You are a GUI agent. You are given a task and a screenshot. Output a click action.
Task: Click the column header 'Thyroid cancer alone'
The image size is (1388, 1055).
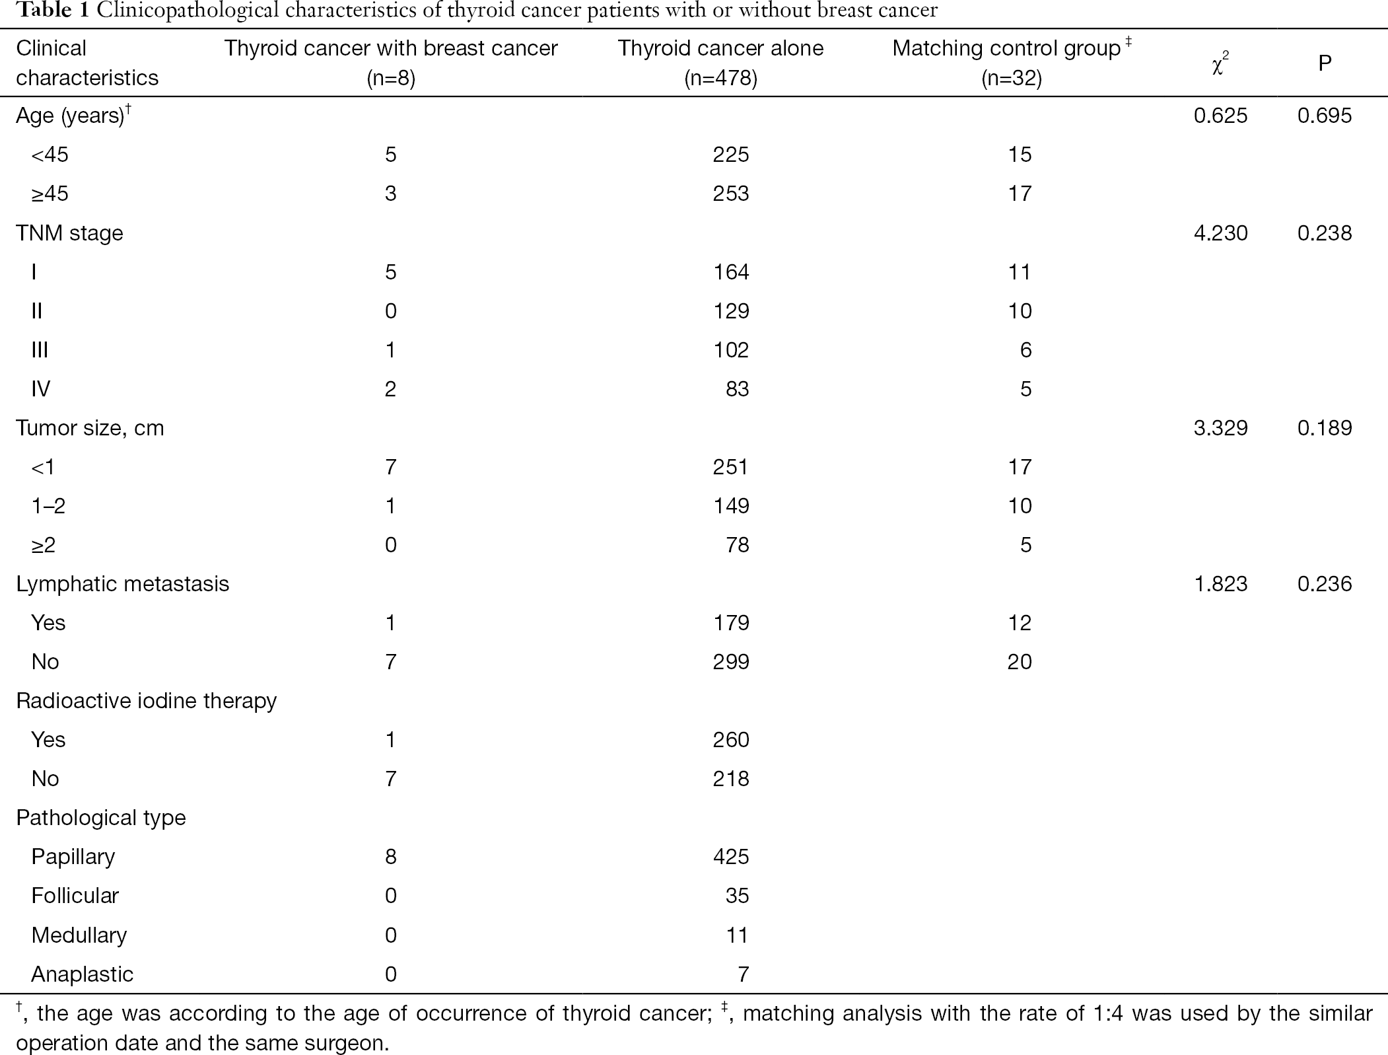point(720,48)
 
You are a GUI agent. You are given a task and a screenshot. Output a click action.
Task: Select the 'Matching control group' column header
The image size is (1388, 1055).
point(1006,48)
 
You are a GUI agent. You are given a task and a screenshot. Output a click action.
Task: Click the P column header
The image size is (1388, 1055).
point(1325,63)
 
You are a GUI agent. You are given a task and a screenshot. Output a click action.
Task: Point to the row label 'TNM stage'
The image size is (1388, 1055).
point(69,233)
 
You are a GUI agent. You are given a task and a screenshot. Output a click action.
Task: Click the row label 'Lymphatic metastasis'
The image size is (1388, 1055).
point(123,584)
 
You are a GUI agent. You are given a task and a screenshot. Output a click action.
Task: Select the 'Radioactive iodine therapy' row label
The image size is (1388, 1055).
point(146,701)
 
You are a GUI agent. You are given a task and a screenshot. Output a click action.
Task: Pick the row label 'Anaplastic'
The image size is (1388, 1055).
point(82,974)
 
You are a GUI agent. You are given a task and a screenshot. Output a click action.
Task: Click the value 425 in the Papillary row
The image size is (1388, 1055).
point(731,857)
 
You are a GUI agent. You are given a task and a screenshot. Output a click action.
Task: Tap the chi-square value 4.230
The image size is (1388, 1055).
point(1221,233)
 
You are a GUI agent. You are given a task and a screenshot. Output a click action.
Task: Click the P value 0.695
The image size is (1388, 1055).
point(1325,116)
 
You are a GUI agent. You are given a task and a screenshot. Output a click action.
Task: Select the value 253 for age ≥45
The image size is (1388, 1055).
point(731,194)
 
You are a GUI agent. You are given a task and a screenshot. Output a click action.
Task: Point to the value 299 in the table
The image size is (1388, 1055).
point(731,662)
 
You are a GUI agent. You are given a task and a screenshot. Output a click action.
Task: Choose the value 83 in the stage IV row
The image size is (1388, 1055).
point(737,389)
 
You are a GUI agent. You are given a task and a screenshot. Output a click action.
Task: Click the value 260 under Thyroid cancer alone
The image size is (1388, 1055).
point(731,740)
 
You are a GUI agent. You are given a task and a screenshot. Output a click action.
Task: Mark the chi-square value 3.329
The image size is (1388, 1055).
point(1221,428)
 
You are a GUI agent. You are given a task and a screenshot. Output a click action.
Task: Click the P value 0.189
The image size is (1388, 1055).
point(1325,428)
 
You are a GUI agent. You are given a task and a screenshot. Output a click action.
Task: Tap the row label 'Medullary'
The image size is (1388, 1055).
point(79,935)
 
